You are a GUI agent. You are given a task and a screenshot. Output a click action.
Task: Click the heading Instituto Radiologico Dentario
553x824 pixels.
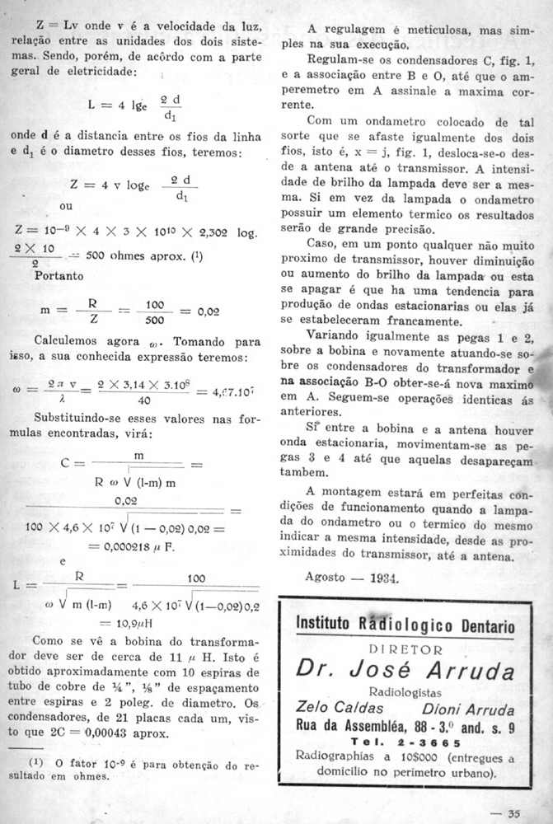(x=405, y=626)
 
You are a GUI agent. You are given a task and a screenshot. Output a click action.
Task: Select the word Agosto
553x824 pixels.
(x=326, y=577)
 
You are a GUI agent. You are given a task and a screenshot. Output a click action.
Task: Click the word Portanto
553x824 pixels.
(x=59, y=276)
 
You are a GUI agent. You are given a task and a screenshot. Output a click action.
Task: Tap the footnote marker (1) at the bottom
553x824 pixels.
(x=35, y=765)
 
